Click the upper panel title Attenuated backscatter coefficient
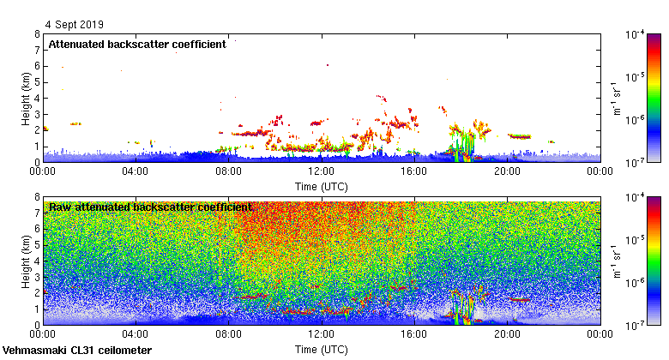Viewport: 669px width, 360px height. coord(137,45)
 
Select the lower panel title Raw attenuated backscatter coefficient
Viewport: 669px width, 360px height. coord(150,207)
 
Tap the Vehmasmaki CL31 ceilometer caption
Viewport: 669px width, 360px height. coord(77,351)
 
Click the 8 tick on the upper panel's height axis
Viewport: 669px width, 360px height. coord(36,35)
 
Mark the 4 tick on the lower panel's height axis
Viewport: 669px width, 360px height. coord(36,261)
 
